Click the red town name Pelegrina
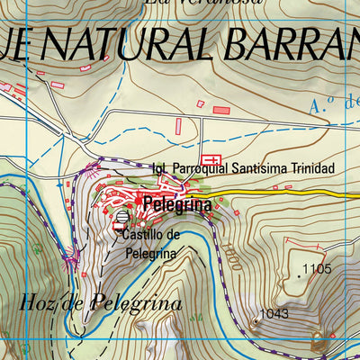tap(177, 204)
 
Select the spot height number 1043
tap(274, 314)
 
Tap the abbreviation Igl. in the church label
tap(161, 169)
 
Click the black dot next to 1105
tap(298, 270)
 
